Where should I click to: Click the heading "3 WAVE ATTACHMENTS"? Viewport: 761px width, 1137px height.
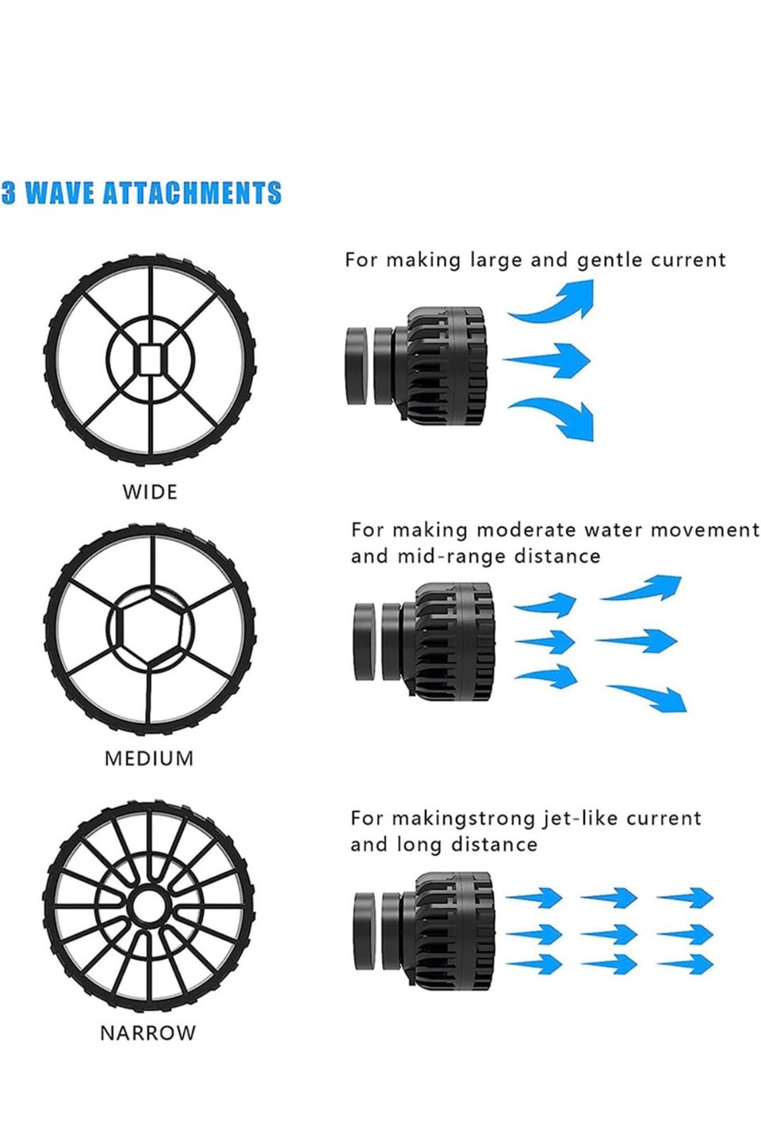point(141,193)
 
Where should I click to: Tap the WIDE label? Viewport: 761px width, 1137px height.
point(150,492)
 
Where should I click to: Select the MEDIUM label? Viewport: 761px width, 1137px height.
point(149,758)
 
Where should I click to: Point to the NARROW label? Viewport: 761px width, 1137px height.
point(147,1033)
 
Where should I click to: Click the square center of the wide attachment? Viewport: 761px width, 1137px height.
point(150,361)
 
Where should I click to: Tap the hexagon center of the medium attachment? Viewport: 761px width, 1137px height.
point(149,629)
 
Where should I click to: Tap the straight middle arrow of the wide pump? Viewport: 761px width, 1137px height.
point(549,360)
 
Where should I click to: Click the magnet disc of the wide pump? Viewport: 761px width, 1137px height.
point(356,365)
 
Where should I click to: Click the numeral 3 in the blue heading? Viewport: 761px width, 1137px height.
point(8,193)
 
